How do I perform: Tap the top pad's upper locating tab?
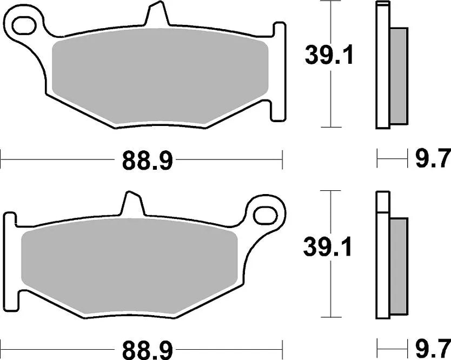pos(154,15)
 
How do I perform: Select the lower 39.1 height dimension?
pos(328,248)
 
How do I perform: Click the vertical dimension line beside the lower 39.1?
pos(330,292)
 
